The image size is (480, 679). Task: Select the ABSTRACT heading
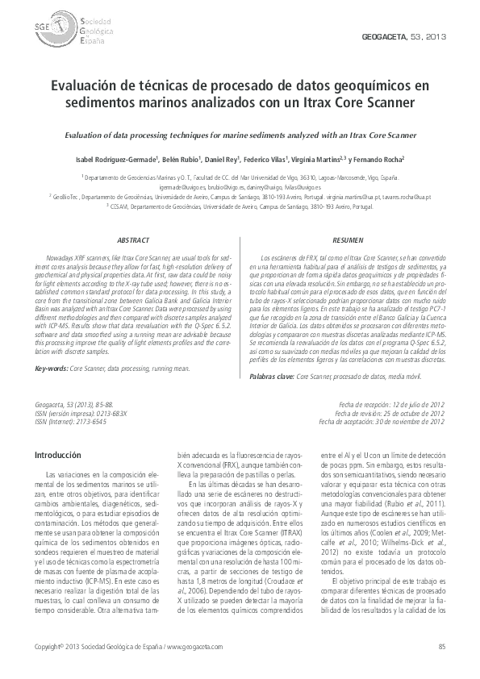click(x=133, y=240)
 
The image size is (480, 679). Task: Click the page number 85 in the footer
click(x=441, y=648)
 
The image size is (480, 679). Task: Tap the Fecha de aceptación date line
click(x=382, y=421)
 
